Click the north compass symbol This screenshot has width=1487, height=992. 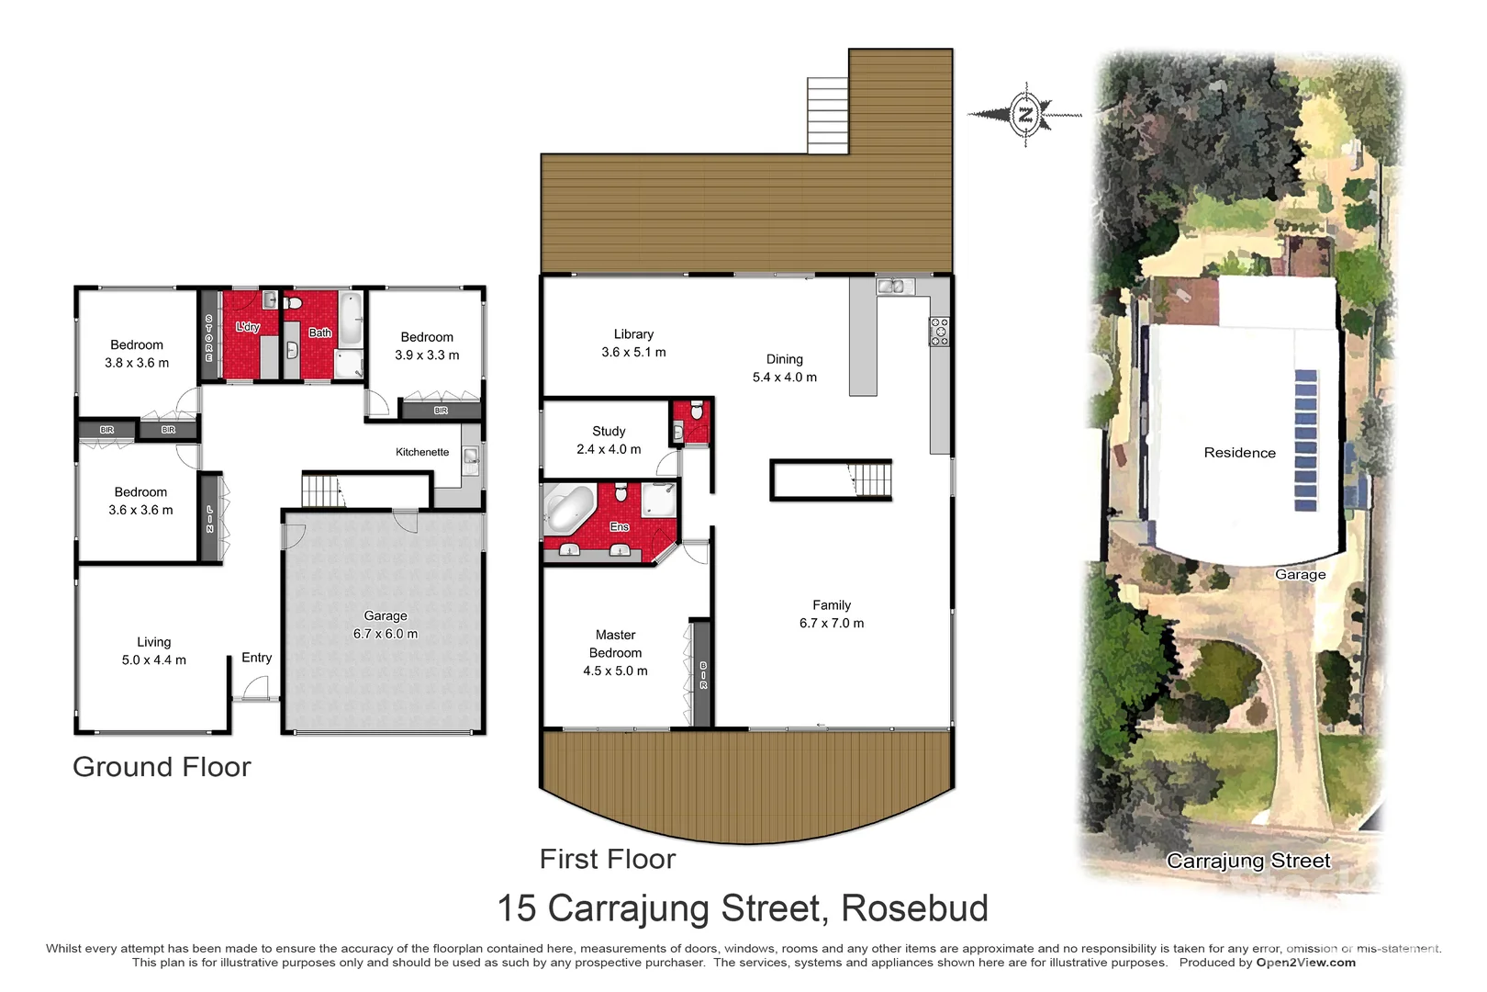point(1025,115)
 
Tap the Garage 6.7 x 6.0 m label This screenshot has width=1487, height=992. point(386,625)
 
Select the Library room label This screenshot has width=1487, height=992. point(633,343)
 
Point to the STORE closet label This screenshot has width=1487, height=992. point(209,337)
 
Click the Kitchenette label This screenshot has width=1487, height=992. point(422,452)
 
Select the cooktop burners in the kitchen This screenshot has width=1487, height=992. point(939,331)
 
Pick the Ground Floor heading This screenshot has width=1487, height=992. point(162,767)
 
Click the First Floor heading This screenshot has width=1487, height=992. point(608,859)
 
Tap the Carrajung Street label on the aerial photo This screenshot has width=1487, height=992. point(1248,861)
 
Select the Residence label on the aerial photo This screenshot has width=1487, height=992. point(1239,453)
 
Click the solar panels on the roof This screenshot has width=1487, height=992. point(1305,441)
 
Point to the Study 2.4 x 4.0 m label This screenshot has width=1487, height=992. point(609,440)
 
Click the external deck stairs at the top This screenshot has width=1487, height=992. point(827,115)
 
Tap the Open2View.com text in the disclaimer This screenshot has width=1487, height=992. point(1305,963)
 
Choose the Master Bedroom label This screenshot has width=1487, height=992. point(615,652)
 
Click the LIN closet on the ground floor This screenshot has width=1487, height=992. point(210,518)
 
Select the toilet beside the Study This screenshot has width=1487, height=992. point(696,410)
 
